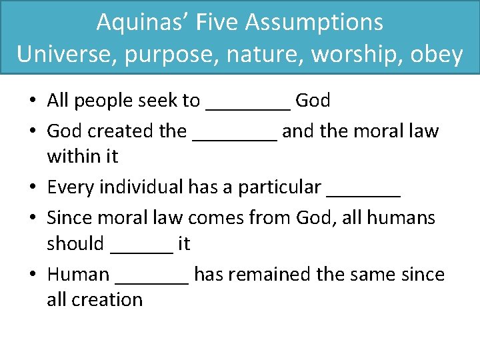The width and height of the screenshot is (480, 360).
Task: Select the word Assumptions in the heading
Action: [x=314, y=23]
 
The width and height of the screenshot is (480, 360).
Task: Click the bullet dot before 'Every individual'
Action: [x=33, y=188]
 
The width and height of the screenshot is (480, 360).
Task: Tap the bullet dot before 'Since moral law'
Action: [x=33, y=218]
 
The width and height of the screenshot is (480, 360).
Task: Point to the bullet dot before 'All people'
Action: [x=33, y=101]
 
